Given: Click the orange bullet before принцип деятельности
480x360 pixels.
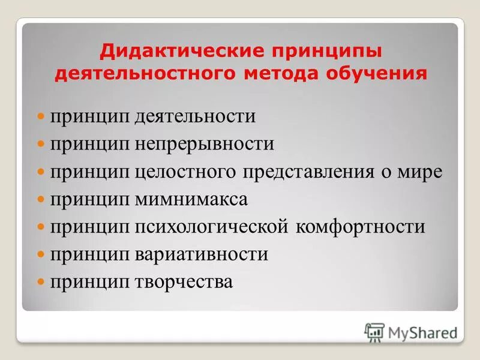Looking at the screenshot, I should [41, 116].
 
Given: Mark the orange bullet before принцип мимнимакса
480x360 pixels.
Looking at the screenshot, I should [41, 199].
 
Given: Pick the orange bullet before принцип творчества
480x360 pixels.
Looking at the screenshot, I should [41, 282].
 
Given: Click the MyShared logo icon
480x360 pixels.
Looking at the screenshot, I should [375, 332].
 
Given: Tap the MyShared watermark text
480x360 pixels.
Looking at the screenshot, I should [422, 332].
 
